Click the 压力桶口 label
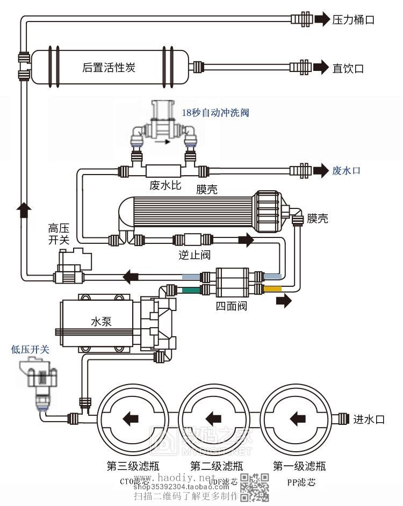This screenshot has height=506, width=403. coord(352,20)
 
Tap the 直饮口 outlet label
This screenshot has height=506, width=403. coord(348,68)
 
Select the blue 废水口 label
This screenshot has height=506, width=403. coord(346,171)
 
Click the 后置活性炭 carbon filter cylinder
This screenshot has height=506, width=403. coord(109,68)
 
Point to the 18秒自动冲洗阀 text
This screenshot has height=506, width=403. coord(215,113)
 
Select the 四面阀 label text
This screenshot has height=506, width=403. coord(232,307)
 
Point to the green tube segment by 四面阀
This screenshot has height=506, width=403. coord(191,290)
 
